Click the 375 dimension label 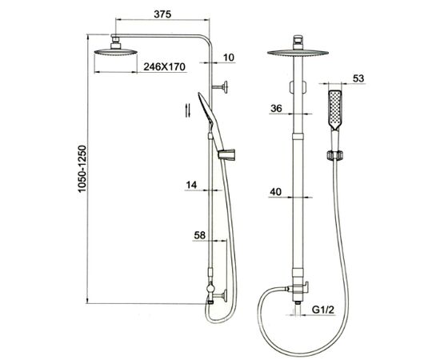162,14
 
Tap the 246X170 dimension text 165,66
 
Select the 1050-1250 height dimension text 82,169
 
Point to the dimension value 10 229,58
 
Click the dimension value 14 191,185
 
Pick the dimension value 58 199,235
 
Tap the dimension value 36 276,108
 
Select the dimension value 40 275,192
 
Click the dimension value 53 358,78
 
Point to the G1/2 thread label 323,310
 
